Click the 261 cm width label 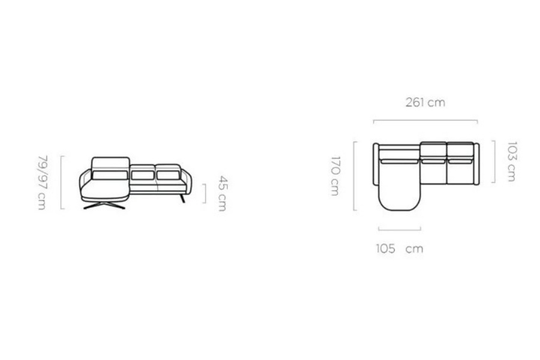point(425,103)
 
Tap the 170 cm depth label point(335,176)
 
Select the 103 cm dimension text point(512,161)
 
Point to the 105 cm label point(399,248)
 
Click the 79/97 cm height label point(43,182)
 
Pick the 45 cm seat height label point(223,193)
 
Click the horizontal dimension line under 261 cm point(425,121)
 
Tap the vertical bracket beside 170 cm point(355,176)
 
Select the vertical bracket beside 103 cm point(494,161)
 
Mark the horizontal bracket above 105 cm point(400,229)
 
